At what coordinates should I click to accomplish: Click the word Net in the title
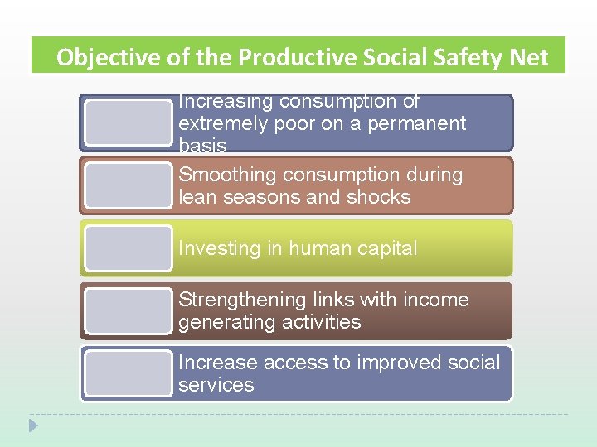[x=531, y=57]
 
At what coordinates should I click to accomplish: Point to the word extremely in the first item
[x=218, y=124]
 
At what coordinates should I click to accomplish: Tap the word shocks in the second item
[x=381, y=197]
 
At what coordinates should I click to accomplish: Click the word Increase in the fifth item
[x=217, y=363]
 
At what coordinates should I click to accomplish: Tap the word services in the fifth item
[x=216, y=385]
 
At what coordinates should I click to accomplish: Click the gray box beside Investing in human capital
[x=128, y=248]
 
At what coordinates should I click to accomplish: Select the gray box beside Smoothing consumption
[x=128, y=185]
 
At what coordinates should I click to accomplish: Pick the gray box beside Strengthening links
[x=128, y=311]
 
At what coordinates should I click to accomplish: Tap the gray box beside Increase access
[x=128, y=373]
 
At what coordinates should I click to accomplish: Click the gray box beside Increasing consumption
[x=128, y=123]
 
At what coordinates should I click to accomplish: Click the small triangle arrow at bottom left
[x=33, y=425]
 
